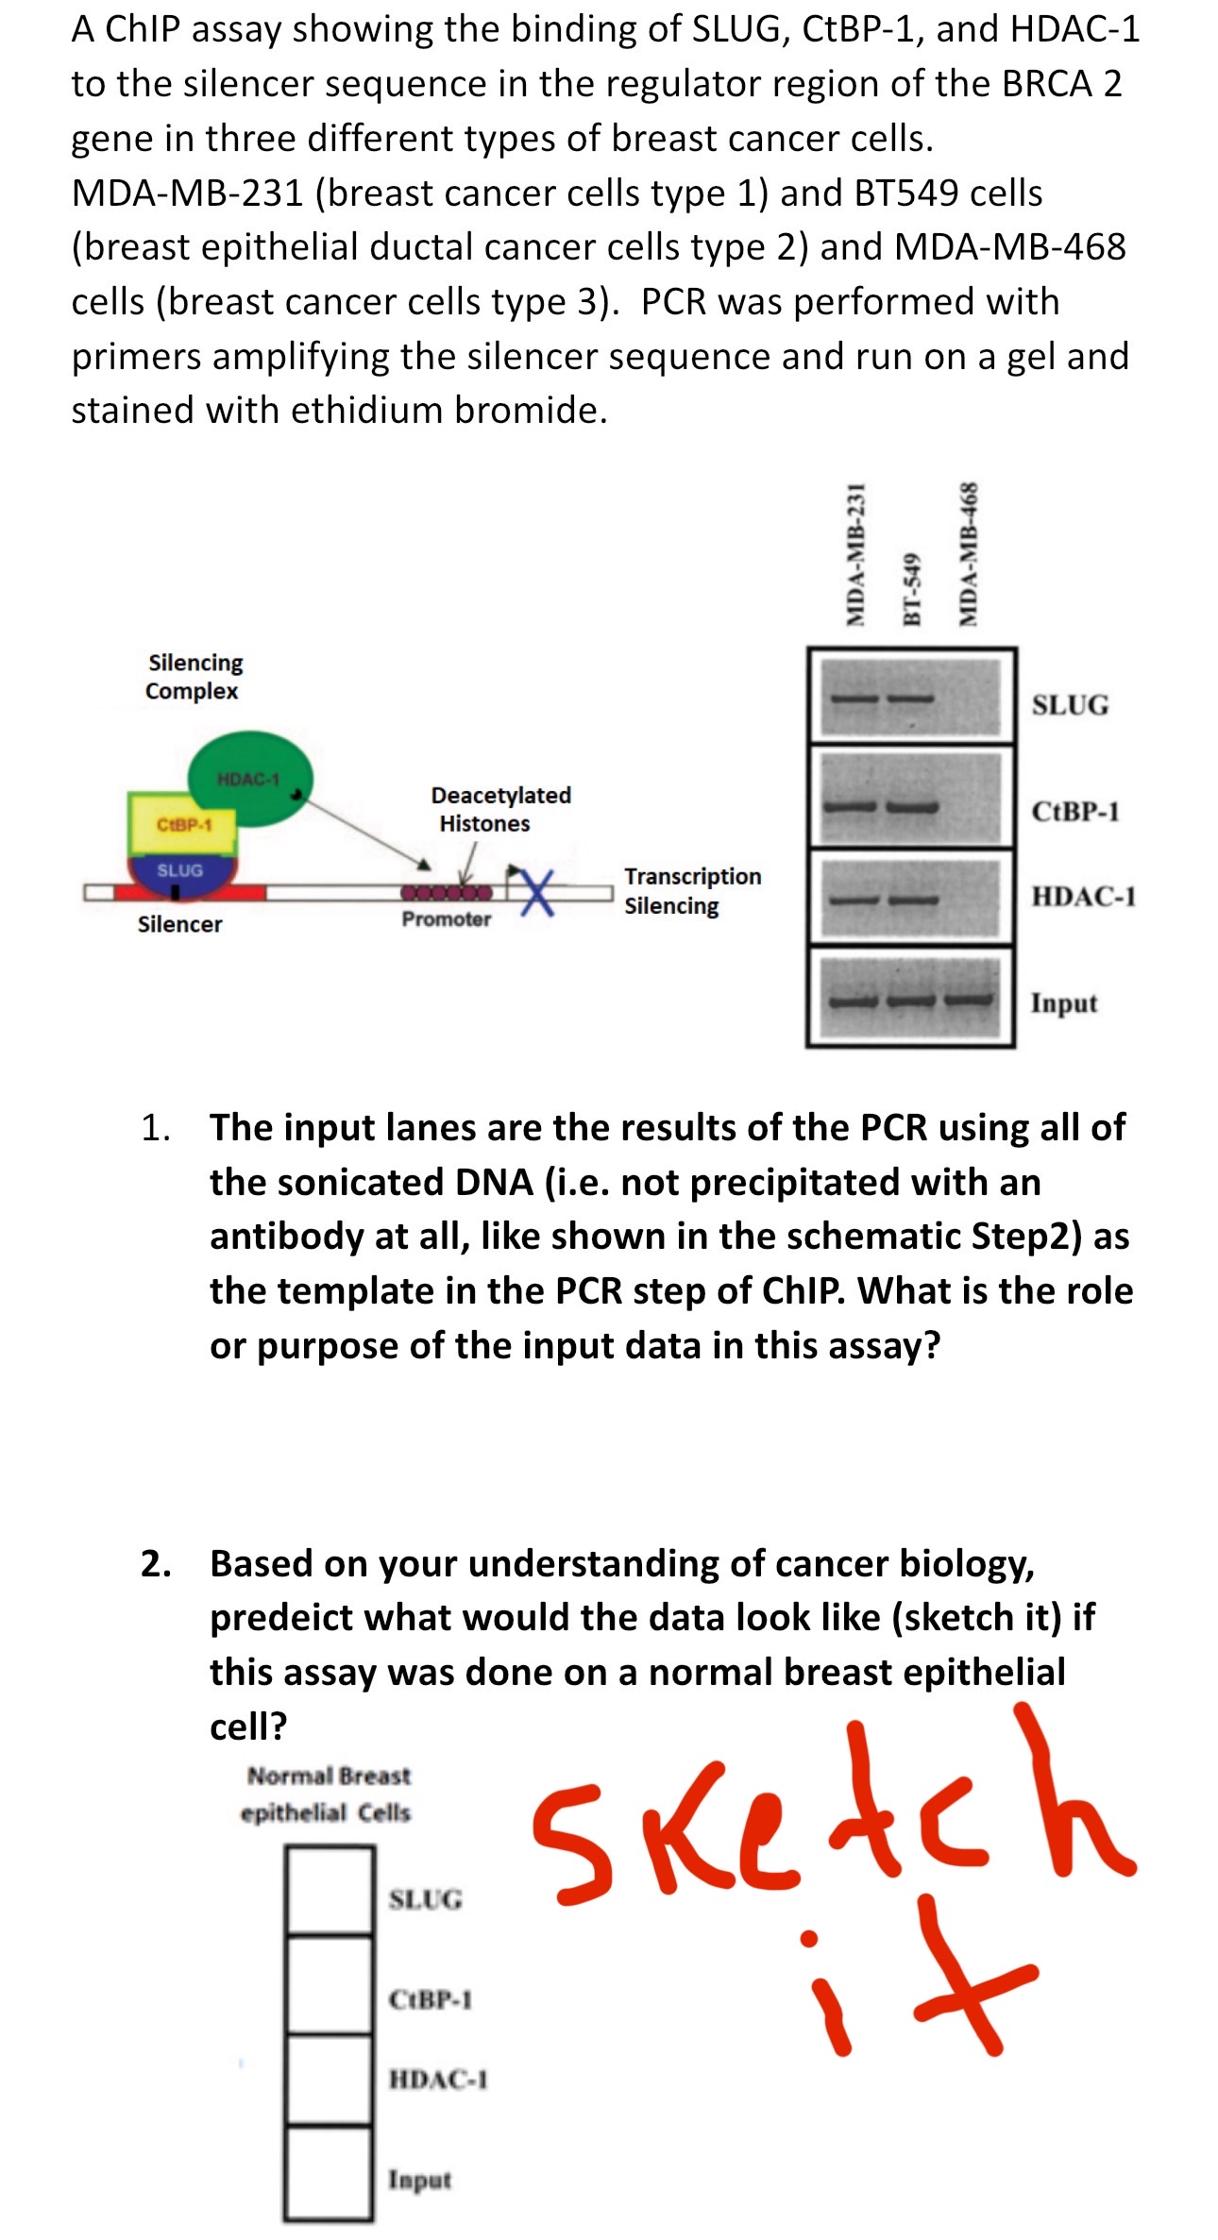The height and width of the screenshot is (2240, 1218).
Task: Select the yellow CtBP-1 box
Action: click(x=182, y=824)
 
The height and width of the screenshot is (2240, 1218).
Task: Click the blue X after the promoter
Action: click(x=537, y=890)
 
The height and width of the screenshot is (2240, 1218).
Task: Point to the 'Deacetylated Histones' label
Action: click(x=500, y=809)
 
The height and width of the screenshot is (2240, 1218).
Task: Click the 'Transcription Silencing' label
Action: click(x=692, y=890)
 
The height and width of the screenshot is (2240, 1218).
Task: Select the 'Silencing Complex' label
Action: click(x=195, y=676)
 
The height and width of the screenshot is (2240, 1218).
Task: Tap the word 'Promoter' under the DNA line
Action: click(x=446, y=919)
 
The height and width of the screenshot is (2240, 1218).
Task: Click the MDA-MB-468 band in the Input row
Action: click(x=970, y=1000)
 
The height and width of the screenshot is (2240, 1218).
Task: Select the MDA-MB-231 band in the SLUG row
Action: click(x=854, y=699)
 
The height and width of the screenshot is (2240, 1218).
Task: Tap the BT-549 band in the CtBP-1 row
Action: click(x=911, y=808)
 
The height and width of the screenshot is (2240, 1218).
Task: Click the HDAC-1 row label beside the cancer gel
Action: click(x=1083, y=896)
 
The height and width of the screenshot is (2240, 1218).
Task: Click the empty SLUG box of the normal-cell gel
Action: click(x=330, y=1889)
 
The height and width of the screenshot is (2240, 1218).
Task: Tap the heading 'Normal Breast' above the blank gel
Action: click(x=329, y=1776)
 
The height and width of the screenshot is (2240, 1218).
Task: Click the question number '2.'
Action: click(x=156, y=1564)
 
